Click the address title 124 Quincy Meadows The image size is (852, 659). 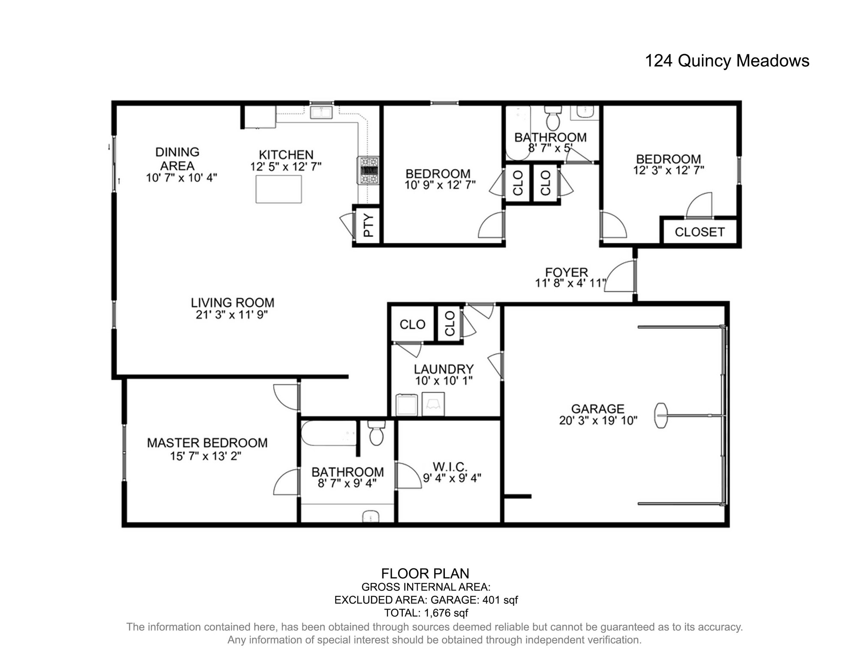[727, 61]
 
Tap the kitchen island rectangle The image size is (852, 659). [279, 189]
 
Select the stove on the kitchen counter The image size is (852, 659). [368, 170]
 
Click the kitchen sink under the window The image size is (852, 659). [322, 113]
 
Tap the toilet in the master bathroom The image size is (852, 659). [376, 433]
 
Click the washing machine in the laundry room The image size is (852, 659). [406, 405]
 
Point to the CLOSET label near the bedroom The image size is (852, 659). [699, 232]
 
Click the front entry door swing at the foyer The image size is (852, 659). [621, 277]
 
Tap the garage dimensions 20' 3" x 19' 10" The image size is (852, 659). [598, 421]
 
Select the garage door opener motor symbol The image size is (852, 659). [661, 415]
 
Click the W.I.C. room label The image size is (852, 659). [450, 466]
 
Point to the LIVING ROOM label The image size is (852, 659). [232, 302]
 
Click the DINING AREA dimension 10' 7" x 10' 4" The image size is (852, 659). [182, 178]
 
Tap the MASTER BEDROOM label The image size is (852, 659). [207, 443]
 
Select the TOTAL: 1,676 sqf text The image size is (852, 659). [426, 613]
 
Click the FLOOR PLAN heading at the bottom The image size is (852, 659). [425, 574]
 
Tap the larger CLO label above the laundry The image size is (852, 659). [412, 324]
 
